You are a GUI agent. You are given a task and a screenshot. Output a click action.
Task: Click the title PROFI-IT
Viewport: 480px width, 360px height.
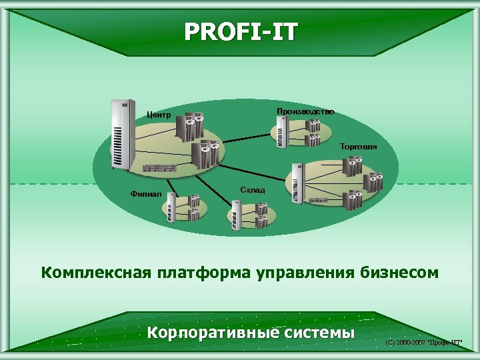(x=241, y=31)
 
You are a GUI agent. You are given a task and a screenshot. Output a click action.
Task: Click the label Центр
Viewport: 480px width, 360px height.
(x=159, y=115)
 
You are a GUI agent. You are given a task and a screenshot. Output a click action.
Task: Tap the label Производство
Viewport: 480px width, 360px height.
(x=305, y=111)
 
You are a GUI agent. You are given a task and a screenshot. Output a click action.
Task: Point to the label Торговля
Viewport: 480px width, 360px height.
(x=358, y=146)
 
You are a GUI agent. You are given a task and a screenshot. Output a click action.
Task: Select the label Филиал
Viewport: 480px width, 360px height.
(x=146, y=194)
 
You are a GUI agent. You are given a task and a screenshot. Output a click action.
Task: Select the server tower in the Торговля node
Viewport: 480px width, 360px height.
(x=297, y=181)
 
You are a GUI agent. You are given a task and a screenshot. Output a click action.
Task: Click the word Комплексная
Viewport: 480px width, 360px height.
(x=96, y=273)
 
